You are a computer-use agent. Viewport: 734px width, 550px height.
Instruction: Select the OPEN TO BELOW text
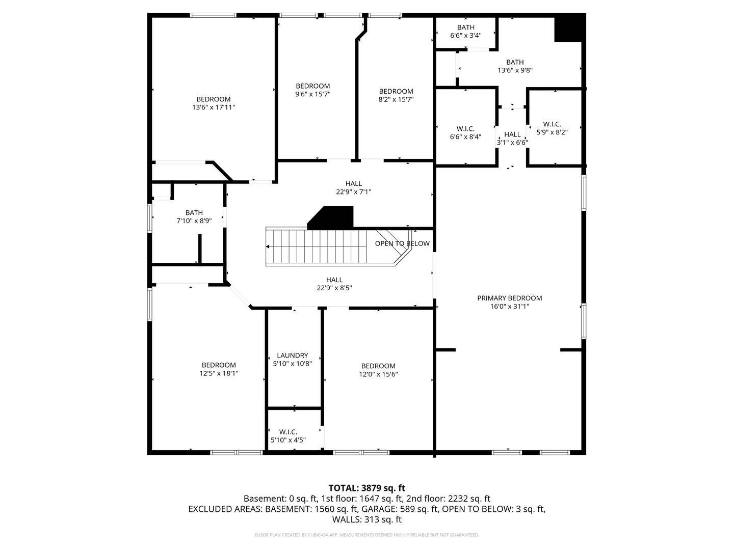(x=402, y=243)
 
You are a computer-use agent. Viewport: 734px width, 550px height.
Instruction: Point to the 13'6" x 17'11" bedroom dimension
(x=214, y=107)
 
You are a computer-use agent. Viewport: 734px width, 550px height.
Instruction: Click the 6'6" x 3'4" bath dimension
(x=465, y=36)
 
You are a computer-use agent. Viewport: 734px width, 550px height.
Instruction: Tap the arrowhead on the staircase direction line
(x=268, y=247)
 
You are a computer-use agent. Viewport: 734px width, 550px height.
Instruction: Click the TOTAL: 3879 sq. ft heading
(x=367, y=488)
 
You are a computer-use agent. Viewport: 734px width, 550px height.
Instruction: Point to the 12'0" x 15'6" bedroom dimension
(x=378, y=374)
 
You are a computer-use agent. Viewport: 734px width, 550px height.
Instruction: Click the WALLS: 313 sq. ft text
(x=367, y=519)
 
